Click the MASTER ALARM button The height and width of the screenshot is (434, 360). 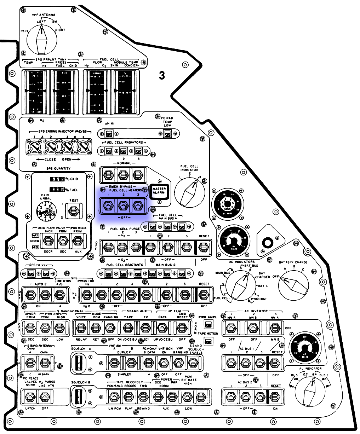point(159,191)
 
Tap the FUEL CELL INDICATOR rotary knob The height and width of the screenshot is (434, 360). point(190,193)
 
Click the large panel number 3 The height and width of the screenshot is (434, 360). point(162,75)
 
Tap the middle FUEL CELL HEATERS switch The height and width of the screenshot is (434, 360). point(123,205)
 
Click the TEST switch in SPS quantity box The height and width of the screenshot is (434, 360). point(74,211)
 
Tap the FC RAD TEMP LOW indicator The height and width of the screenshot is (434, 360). point(167,134)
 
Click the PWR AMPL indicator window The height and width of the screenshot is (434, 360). point(208,324)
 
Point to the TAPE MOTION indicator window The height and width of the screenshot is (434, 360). point(208,341)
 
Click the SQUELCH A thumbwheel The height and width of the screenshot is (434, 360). point(79,363)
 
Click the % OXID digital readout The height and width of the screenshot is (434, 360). point(57,179)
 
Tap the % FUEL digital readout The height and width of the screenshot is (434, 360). point(57,190)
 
